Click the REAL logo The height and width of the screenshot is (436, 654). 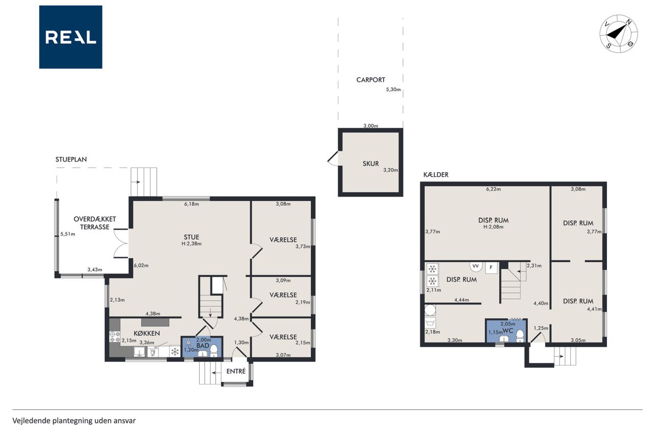[71, 37]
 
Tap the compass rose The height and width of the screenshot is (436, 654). [618, 34]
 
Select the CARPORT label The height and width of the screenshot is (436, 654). [370, 80]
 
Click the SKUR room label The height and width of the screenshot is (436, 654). [370, 164]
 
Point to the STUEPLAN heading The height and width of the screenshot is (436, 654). [71, 159]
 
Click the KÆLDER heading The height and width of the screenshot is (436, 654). [436, 175]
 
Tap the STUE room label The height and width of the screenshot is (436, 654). [192, 237]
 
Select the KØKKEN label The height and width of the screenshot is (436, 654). [147, 333]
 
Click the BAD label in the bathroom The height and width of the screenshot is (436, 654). [203, 346]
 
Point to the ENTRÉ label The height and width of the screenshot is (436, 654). [236, 371]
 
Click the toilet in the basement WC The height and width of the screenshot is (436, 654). [520, 335]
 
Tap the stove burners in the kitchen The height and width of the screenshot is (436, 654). [115, 337]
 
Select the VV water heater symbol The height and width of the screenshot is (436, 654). [476, 266]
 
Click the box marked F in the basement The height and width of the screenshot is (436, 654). [491, 267]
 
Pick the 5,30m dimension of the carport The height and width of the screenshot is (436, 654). [393, 89]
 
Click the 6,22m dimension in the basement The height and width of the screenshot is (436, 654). [494, 189]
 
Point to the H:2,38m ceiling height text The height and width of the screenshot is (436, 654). [192, 243]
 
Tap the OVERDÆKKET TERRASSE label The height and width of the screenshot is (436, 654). [95, 223]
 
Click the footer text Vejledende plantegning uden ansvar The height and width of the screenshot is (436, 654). [74, 421]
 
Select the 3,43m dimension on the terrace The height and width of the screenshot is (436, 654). [95, 269]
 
